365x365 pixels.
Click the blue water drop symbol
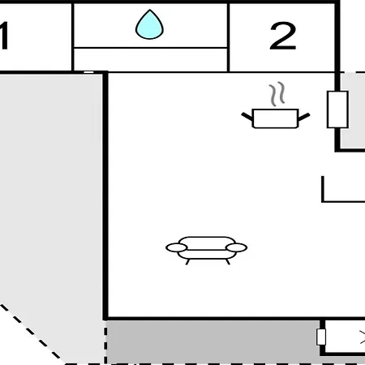click(x=149, y=25)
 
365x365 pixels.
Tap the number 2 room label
click(x=283, y=36)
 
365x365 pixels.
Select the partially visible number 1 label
click(x=3, y=36)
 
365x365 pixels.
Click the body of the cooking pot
click(x=275, y=118)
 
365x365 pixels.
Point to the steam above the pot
click(x=277, y=94)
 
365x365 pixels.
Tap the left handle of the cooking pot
click(x=247, y=117)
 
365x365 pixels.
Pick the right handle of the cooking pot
click(x=304, y=117)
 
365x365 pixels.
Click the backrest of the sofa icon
click(x=207, y=243)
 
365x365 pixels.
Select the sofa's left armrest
click(x=177, y=247)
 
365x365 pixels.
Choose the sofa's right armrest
click(x=237, y=247)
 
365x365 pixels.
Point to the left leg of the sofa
click(x=187, y=262)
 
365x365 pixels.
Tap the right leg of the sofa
click(x=228, y=262)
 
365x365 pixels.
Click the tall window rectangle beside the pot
click(x=337, y=109)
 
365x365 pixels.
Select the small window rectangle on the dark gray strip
click(x=321, y=337)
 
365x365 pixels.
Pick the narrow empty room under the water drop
click(x=150, y=60)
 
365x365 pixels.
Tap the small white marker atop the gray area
click(x=88, y=72)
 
